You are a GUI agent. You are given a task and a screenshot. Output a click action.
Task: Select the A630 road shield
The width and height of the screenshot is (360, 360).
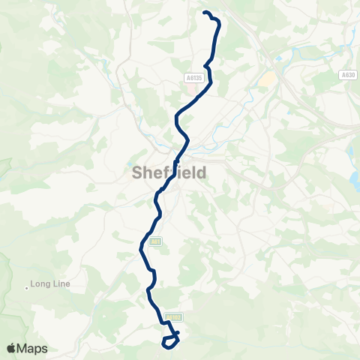[347, 75]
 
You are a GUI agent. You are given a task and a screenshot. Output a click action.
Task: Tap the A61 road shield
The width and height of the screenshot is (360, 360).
[155, 241]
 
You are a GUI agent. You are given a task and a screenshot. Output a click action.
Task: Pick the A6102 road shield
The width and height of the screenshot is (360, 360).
[174, 317]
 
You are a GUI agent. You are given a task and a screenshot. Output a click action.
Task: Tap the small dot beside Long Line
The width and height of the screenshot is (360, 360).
[27, 286]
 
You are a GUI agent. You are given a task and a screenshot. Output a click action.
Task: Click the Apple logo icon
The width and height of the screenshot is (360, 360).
[11, 348]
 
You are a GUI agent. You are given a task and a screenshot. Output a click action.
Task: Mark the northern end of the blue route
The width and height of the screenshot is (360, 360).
[205, 12]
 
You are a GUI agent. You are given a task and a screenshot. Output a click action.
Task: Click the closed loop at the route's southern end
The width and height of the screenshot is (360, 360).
[170, 341]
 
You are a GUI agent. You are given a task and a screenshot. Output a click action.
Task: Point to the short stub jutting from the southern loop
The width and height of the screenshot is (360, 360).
[178, 331]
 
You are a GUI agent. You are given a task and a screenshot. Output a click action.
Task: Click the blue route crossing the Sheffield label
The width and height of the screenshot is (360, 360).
[175, 166]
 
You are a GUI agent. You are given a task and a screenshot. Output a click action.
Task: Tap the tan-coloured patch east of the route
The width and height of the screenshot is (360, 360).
[267, 79]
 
